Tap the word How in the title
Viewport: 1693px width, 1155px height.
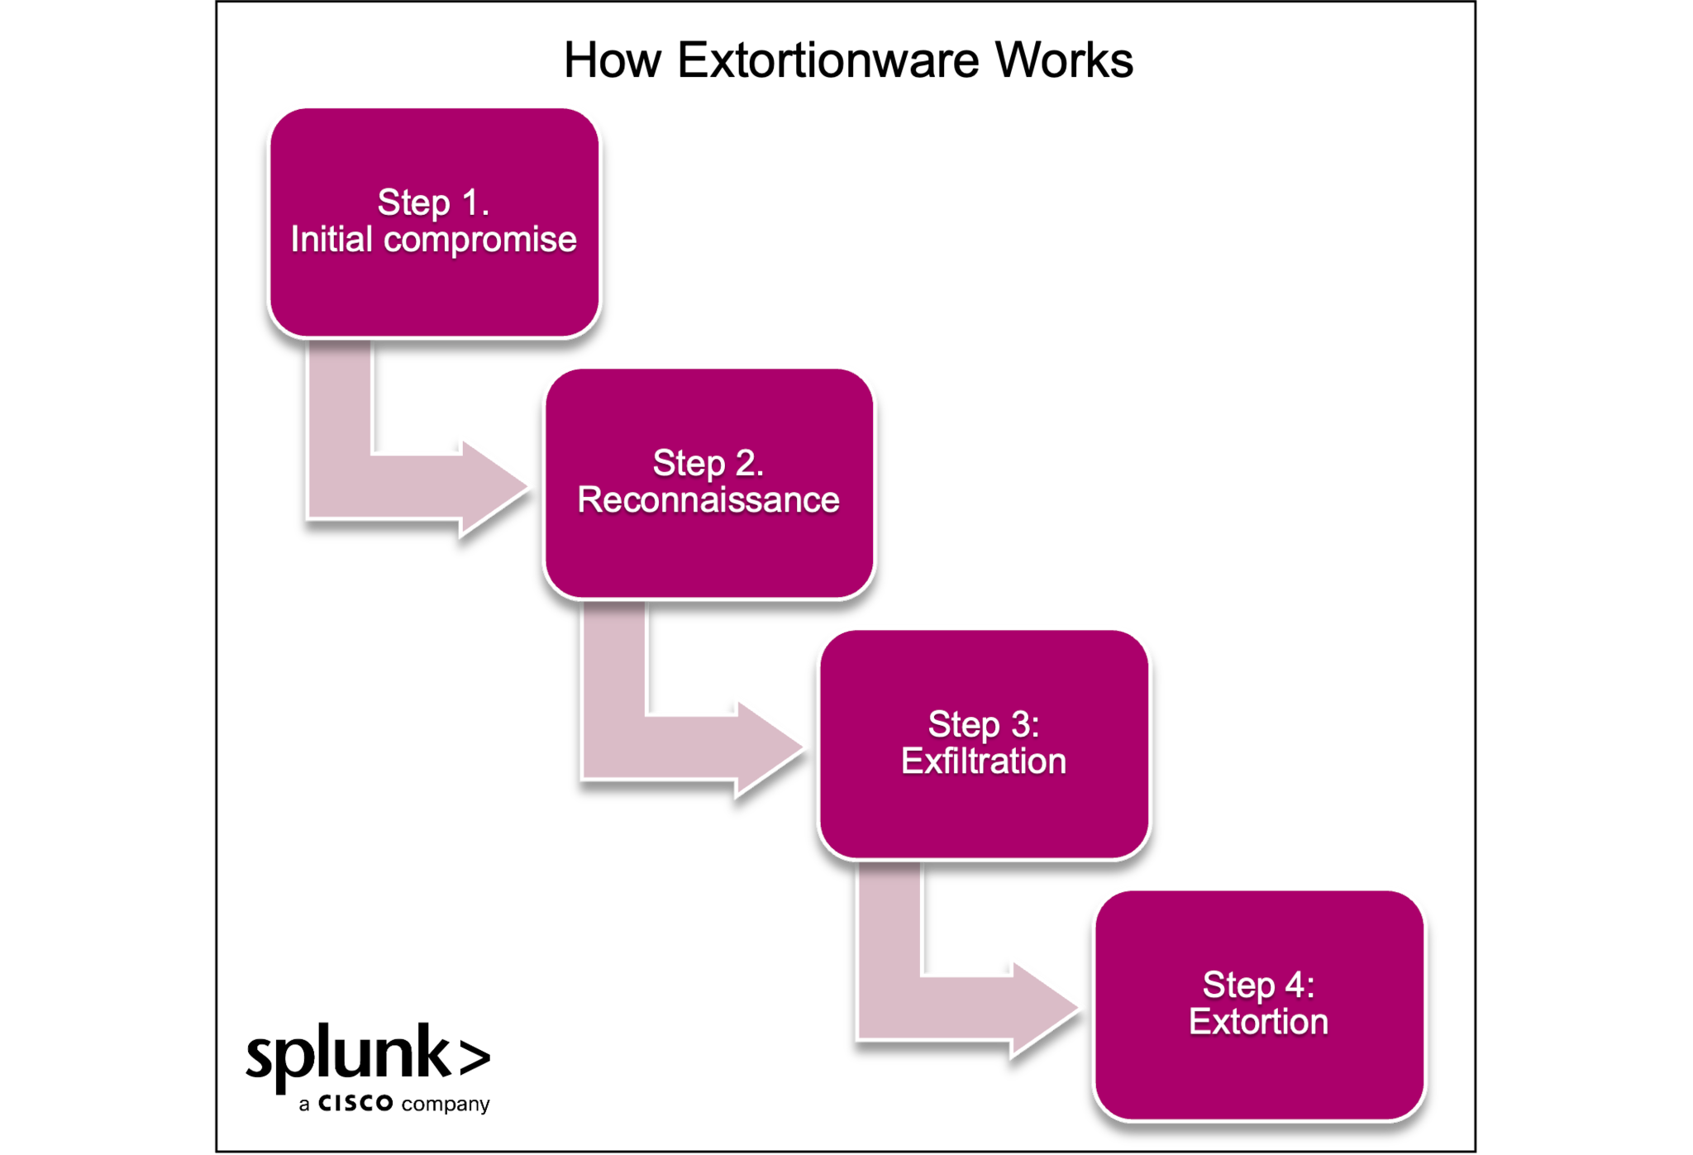(x=613, y=60)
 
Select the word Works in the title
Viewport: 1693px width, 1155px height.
(x=1065, y=60)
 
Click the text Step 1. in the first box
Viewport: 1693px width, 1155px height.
(x=434, y=203)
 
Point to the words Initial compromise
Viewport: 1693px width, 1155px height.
(x=434, y=240)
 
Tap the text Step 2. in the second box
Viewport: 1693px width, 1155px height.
(x=708, y=464)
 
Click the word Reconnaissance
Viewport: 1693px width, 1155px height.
(x=708, y=500)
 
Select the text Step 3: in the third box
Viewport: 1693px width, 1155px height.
(x=984, y=725)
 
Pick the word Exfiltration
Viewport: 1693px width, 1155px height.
(x=984, y=761)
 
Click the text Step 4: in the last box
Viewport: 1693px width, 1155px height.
(x=1259, y=986)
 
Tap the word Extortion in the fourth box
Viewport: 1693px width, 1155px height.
(x=1259, y=1022)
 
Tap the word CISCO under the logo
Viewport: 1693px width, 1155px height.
(x=355, y=1104)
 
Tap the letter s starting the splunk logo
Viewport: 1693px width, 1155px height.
(x=260, y=1058)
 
